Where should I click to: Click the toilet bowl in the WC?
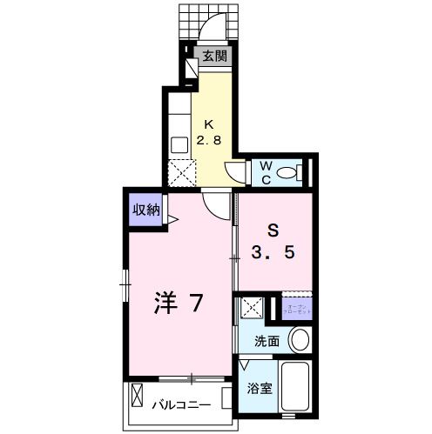pos(287,172)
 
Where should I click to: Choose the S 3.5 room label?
pos(273,244)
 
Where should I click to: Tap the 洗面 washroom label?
pos(267,341)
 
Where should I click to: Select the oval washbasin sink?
pos(299,339)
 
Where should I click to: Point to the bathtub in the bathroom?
pos(297,389)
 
